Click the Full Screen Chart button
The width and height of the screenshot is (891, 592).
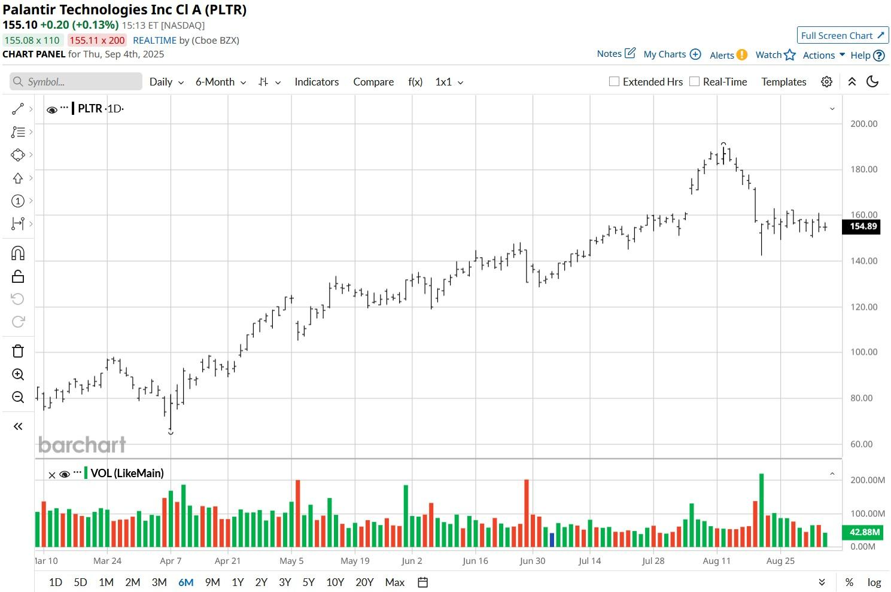point(843,36)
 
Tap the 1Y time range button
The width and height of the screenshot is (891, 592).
point(238,582)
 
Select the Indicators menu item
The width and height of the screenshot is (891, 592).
point(317,82)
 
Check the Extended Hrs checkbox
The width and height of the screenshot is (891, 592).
point(614,82)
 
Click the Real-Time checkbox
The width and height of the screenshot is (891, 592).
point(694,82)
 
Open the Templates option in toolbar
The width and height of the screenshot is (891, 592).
point(783,82)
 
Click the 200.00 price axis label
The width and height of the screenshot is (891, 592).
point(863,124)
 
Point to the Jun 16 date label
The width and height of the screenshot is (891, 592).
point(475,561)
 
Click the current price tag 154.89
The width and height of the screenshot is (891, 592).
point(862,227)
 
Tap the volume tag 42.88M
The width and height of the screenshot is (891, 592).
point(864,532)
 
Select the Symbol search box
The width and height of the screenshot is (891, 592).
point(76,82)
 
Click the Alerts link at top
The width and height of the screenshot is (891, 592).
point(728,55)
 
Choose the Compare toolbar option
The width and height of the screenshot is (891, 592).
point(373,82)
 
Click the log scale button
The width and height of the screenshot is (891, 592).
point(874,582)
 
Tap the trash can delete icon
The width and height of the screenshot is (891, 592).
point(18,351)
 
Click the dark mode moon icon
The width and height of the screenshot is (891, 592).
point(872,82)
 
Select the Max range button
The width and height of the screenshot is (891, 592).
point(394,582)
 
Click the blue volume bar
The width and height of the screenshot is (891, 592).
point(552,539)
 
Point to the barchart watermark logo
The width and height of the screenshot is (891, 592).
point(82,445)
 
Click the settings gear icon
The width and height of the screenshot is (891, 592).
point(826,82)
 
